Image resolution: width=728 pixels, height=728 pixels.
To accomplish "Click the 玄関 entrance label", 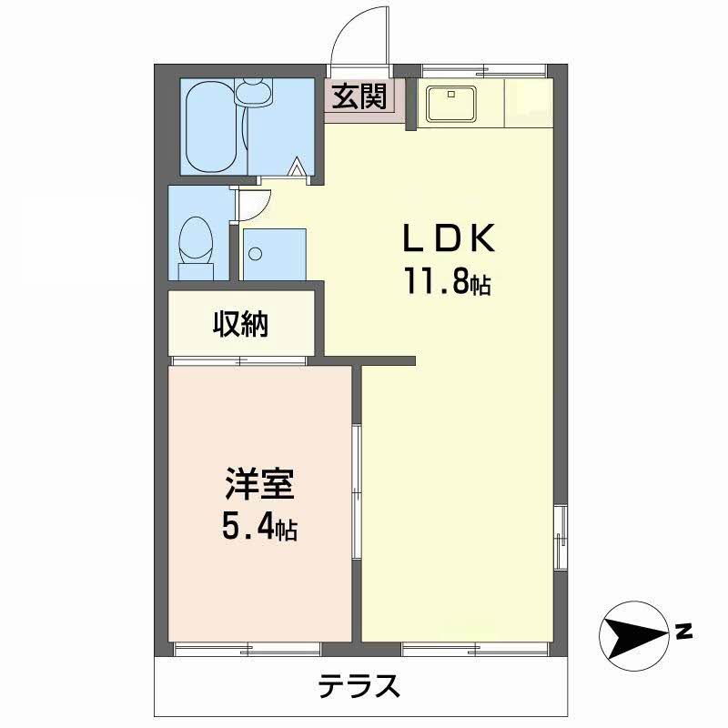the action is [x=359, y=96].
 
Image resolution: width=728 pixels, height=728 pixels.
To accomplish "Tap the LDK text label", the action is [x=449, y=238].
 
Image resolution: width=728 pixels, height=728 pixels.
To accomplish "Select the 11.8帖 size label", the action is [x=448, y=281].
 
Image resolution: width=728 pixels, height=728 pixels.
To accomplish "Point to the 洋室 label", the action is [x=259, y=483].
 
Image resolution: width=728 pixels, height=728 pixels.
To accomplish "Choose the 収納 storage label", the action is [x=240, y=324].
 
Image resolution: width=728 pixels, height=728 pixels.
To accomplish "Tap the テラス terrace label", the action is [x=359, y=686].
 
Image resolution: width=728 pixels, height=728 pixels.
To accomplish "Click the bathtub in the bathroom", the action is [x=211, y=126].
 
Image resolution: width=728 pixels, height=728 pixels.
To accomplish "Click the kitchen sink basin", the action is [x=451, y=103].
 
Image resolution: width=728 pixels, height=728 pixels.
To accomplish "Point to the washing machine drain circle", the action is [x=255, y=254].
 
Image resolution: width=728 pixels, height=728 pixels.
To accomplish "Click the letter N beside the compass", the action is [x=683, y=632].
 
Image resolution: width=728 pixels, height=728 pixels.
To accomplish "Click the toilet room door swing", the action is [x=255, y=204].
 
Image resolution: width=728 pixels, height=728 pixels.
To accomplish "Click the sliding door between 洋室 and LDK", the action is [x=357, y=491].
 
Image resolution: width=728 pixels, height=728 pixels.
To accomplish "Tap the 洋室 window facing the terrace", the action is [x=247, y=649].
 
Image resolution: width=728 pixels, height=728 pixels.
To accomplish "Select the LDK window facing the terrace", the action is [x=476, y=649].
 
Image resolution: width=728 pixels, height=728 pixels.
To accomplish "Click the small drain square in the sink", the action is [x=450, y=94].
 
